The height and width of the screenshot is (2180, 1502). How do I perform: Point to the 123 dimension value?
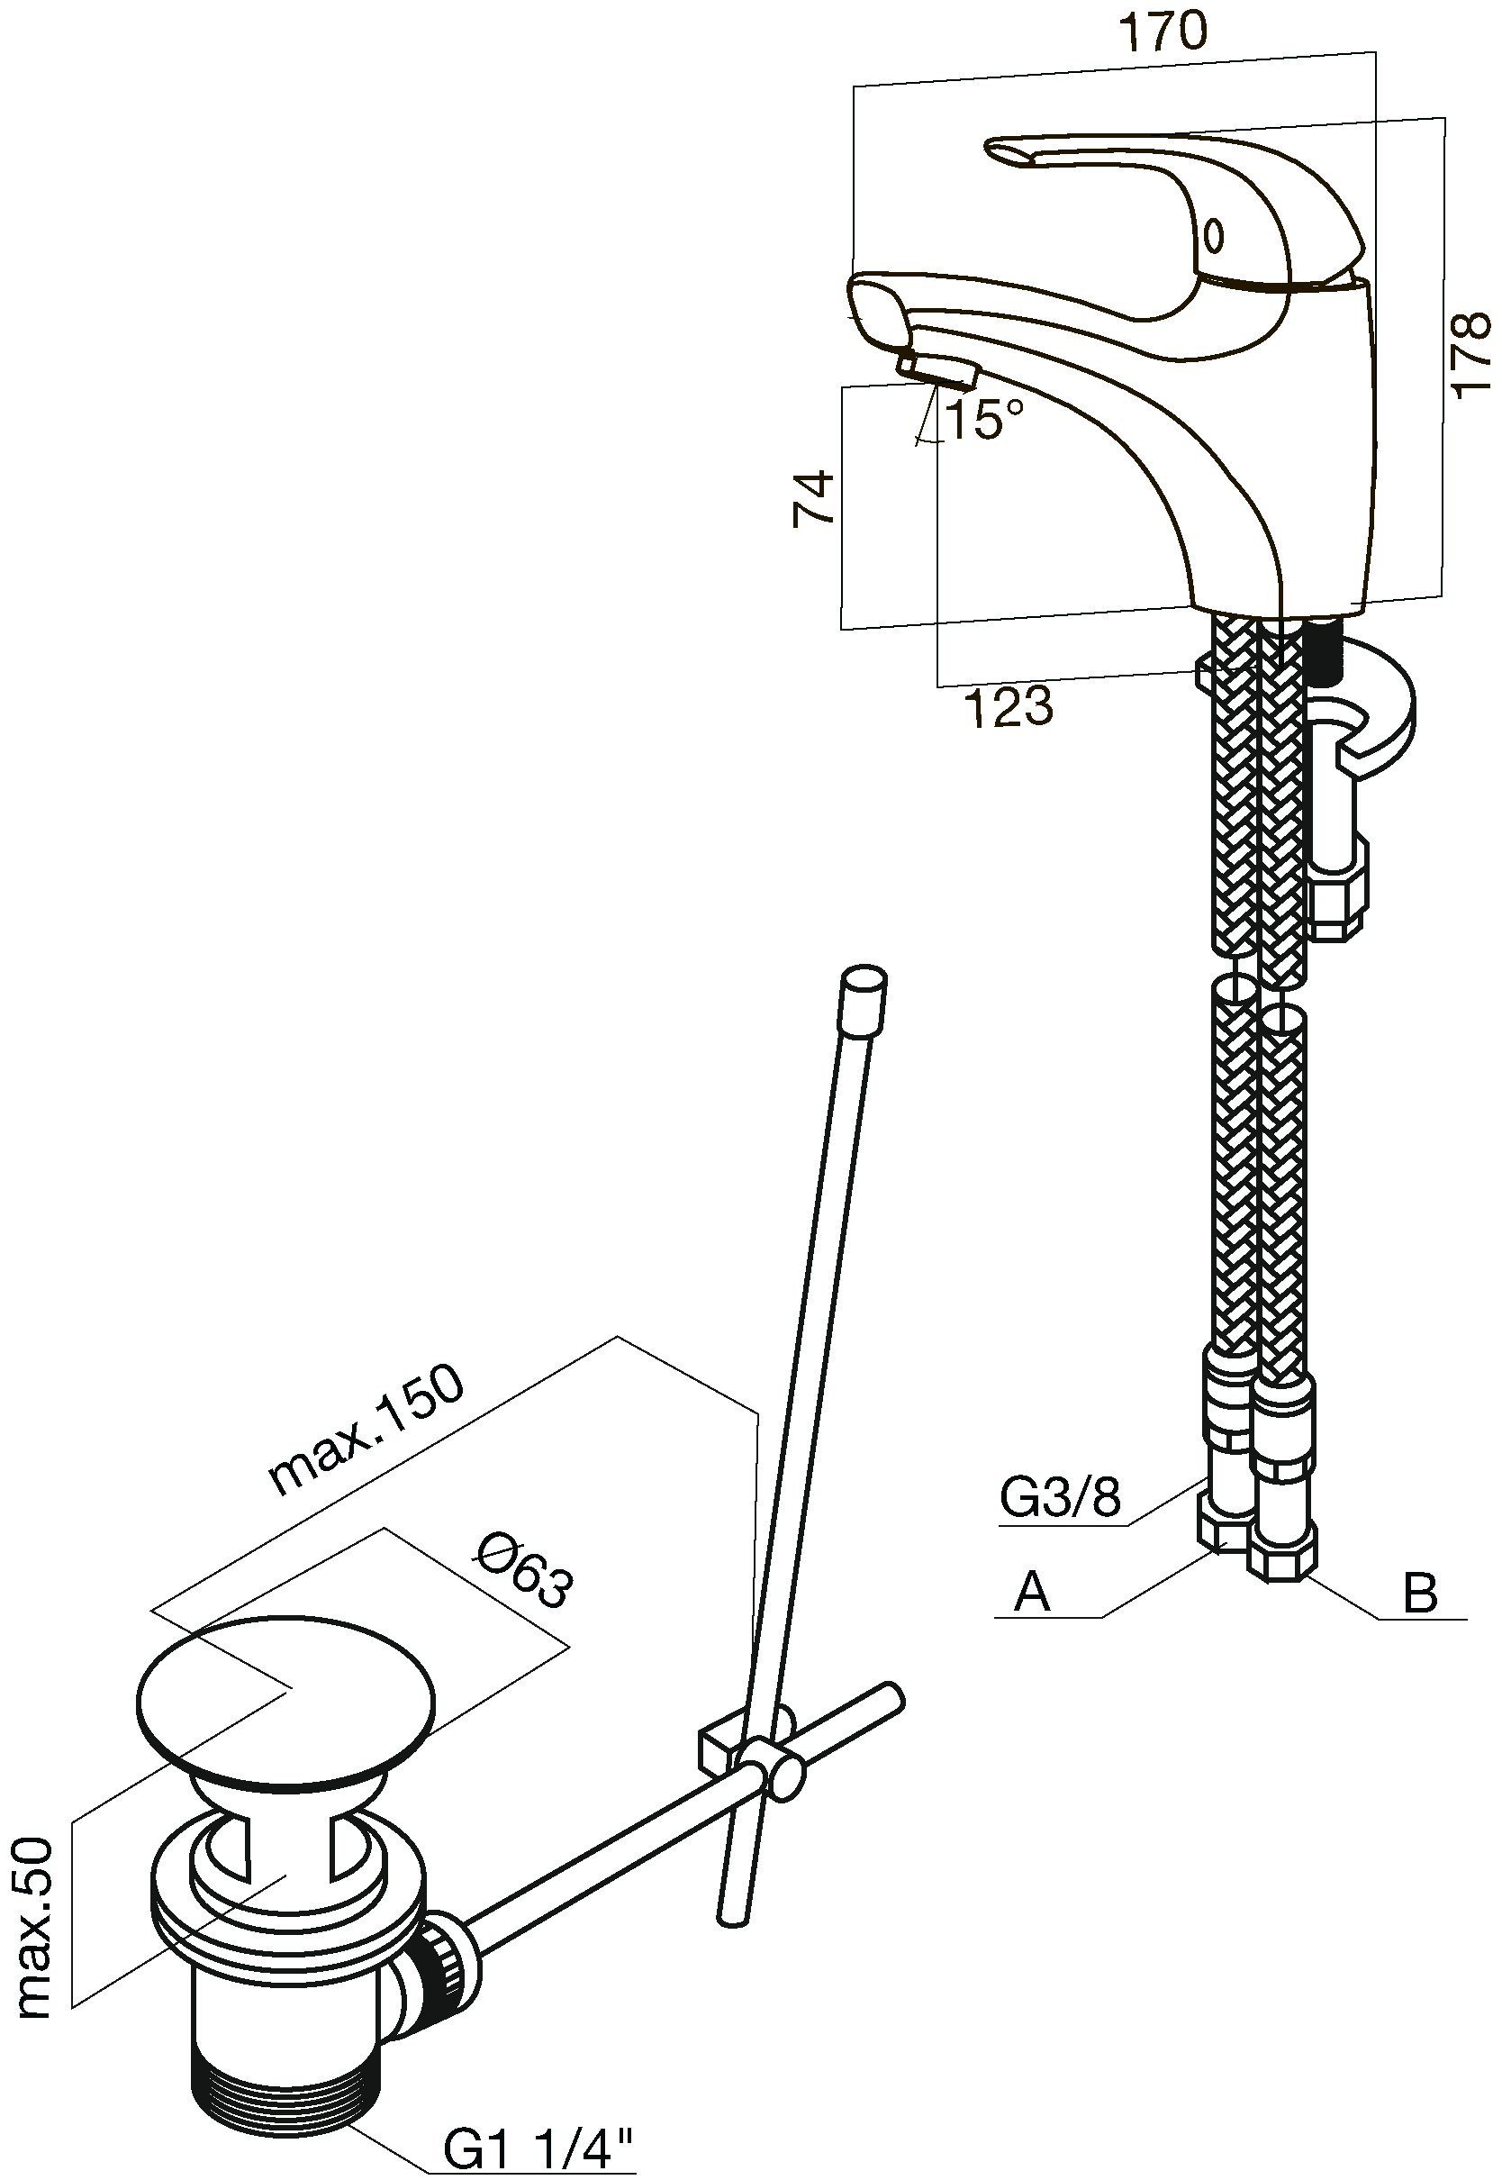1006,707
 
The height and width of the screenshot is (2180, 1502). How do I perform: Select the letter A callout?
1031,1594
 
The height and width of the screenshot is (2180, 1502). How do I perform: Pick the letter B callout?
1419,1594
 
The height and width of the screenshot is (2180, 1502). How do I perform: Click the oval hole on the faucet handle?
1214,234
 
